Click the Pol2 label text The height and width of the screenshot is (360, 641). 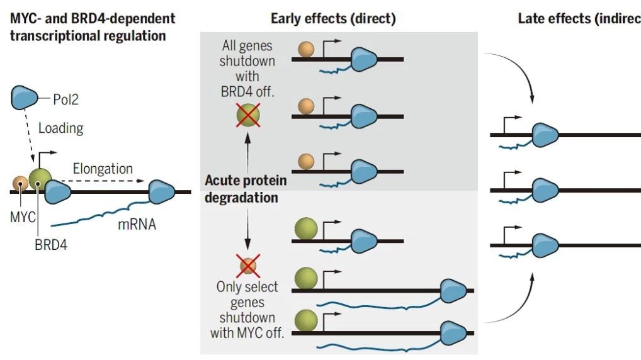(x=65, y=99)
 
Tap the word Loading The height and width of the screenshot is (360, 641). (x=61, y=128)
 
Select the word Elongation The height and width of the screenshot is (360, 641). (x=103, y=168)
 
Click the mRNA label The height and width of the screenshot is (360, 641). (x=137, y=224)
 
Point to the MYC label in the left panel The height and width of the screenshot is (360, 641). (x=23, y=217)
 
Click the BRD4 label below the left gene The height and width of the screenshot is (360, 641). (x=51, y=245)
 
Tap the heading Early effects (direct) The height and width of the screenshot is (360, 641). (x=333, y=19)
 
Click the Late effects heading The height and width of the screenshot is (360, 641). (x=579, y=19)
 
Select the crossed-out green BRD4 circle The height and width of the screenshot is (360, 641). (x=248, y=115)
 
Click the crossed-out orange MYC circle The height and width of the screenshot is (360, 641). (x=248, y=266)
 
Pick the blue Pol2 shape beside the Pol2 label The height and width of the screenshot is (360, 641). (x=24, y=98)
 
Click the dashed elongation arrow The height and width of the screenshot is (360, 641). (x=103, y=181)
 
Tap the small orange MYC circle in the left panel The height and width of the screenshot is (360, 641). (x=20, y=184)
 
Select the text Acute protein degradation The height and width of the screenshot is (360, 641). (x=246, y=189)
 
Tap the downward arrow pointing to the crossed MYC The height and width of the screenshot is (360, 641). (x=247, y=229)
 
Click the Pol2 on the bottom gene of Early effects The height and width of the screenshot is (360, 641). (x=453, y=332)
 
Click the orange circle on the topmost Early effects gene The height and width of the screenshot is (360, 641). (x=306, y=49)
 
